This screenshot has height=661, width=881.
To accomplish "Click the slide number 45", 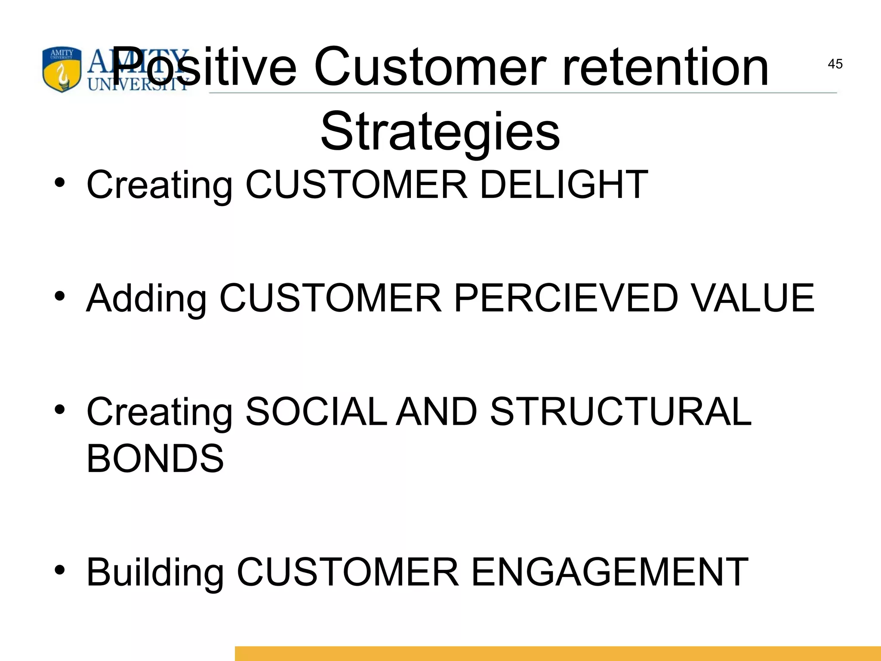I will (835, 64).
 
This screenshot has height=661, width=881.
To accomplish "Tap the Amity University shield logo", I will (62, 70).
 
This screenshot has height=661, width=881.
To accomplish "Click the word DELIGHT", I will (564, 185).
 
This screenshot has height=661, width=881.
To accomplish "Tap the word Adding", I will (147, 298).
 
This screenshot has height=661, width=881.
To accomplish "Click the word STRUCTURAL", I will (620, 411).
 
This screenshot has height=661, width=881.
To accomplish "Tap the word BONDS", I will (155, 458).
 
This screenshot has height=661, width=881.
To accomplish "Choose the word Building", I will (155, 572).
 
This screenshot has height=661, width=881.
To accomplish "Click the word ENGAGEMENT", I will (610, 572).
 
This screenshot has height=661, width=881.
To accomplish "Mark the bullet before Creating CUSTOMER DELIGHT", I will (60, 182).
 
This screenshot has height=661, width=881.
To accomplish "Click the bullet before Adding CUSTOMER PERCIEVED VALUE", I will (60, 296).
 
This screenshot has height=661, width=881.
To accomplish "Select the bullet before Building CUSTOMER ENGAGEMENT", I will (60, 570).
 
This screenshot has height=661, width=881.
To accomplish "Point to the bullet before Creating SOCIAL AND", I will (60, 409).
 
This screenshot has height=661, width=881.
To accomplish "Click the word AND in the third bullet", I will (436, 411).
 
